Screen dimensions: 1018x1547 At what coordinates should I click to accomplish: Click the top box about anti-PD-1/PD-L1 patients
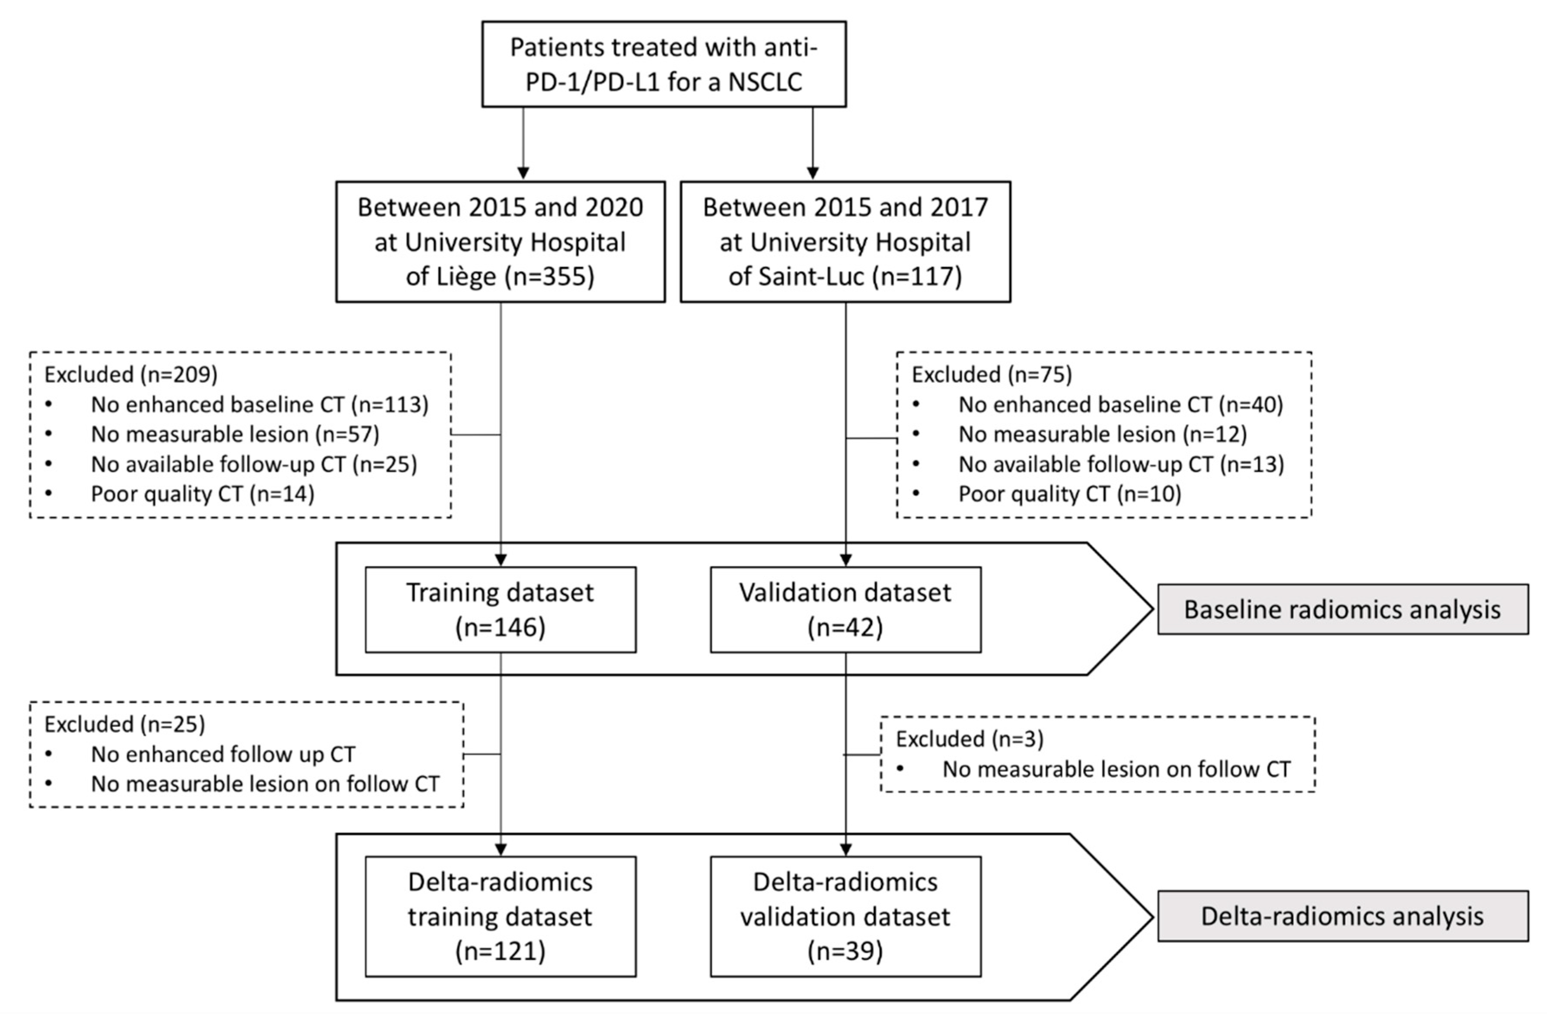click(663, 64)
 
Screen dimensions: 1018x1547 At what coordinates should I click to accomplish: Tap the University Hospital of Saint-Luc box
click(845, 242)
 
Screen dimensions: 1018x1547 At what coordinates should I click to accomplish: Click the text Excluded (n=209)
click(131, 375)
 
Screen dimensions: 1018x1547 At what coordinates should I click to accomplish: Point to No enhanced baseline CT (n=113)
click(259, 405)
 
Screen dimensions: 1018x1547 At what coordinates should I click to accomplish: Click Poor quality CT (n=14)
click(202, 494)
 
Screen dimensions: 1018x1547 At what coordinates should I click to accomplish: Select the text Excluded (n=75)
click(991, 375)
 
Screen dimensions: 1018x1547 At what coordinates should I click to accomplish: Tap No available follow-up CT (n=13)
click(1121, 464)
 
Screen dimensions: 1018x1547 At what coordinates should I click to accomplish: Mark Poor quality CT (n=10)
click(1069, 494)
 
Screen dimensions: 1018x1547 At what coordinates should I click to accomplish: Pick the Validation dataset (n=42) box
click(845, 609)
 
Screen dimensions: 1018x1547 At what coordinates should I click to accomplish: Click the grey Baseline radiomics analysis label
click(1342, 609)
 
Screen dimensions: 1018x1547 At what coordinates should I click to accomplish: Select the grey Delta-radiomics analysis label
click(1342, 916)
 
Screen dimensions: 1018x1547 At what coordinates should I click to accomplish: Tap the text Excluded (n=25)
click(124, 724)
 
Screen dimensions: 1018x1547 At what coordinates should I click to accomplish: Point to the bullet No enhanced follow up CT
click(223, 754)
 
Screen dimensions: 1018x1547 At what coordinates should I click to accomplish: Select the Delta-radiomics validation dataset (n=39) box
click(845, 916)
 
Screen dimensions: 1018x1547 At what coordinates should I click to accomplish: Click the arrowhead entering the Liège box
click(523, 173)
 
